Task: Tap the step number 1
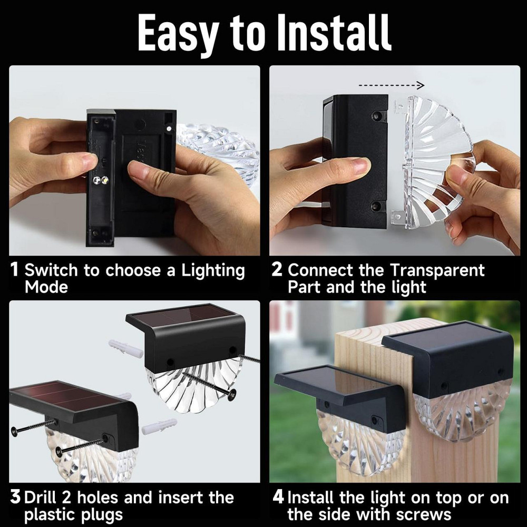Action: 14,269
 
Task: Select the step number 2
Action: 277,269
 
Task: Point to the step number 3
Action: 15,497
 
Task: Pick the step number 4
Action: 278,497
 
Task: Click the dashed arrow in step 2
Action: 392,85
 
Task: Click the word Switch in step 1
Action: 51,270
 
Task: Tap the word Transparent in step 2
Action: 437,270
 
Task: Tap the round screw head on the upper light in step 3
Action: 231,395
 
